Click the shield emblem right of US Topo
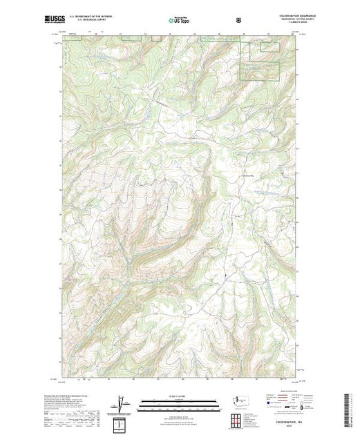238,20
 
